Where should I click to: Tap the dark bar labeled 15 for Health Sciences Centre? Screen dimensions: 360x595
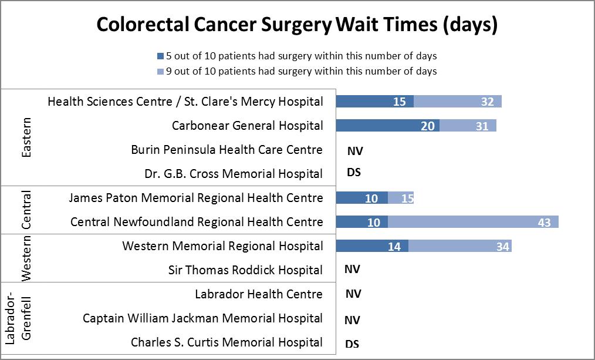(374, 102)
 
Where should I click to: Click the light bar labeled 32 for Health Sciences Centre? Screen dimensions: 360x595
(458, 102)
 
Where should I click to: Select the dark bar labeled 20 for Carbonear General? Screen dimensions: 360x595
(387, 126)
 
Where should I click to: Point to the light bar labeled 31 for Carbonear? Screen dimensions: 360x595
(468, 126)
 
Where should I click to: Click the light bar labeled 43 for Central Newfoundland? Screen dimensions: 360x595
(473, 222)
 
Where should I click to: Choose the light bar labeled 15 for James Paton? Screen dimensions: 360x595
(401, 198)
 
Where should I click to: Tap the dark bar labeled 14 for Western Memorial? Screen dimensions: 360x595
(372, 246)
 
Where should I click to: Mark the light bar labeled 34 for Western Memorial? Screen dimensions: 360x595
(460, 246)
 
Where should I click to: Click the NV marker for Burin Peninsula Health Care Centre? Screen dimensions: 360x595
(355, 151)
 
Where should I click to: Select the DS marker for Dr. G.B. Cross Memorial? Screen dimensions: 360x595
(354, 173)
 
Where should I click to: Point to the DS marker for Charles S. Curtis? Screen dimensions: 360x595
(353, 344)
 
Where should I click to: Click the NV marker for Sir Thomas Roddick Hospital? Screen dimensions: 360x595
(353, 270)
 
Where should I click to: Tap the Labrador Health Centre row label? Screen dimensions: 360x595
(258, 294)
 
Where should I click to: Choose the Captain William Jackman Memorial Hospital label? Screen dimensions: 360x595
(202, 318)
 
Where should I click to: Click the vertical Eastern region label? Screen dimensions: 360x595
(26, 137)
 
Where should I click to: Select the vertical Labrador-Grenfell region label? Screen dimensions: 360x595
(18, 319)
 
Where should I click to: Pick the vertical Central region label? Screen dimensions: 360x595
(26, 210)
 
